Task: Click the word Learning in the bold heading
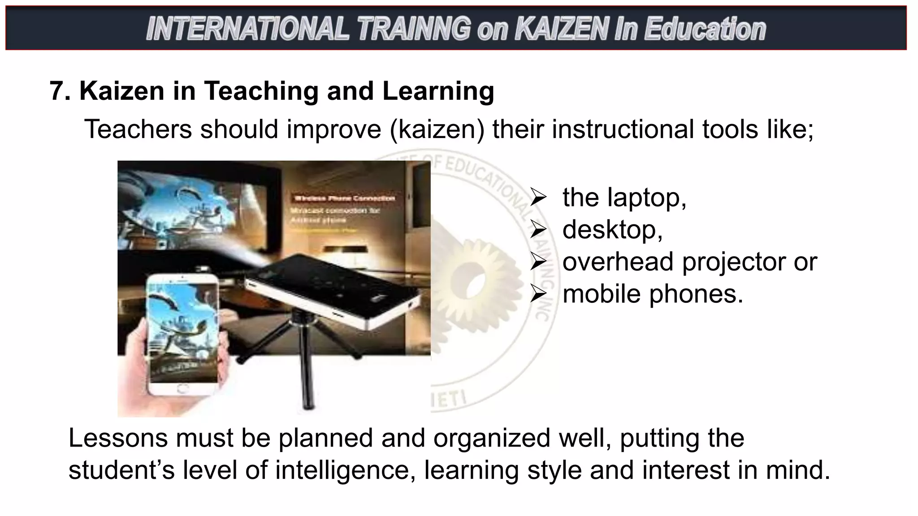coord(438,91)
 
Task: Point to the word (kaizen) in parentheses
coord(437,129)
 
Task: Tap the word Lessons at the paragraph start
coord(118,438)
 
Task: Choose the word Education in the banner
coord(705,29)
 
